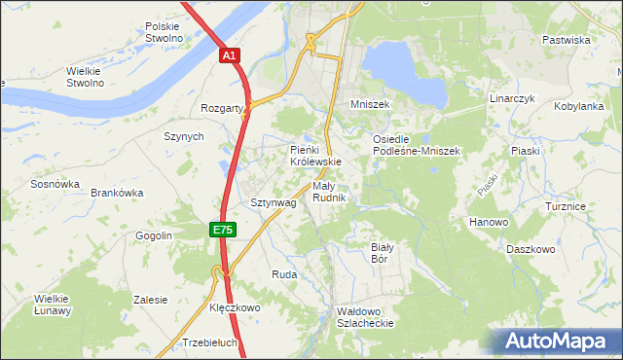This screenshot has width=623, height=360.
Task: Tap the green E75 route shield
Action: (222, 230)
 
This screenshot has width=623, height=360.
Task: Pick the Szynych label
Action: (183, 137)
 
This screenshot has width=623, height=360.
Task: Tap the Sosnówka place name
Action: (55, 184)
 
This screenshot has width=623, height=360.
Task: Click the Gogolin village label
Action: (153, 236)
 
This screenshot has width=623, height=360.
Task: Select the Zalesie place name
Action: (151, 300)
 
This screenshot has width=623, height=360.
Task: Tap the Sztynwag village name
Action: (273, 203)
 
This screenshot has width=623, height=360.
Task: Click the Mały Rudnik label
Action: (330, 192)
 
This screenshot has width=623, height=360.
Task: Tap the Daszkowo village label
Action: (531, 250)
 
